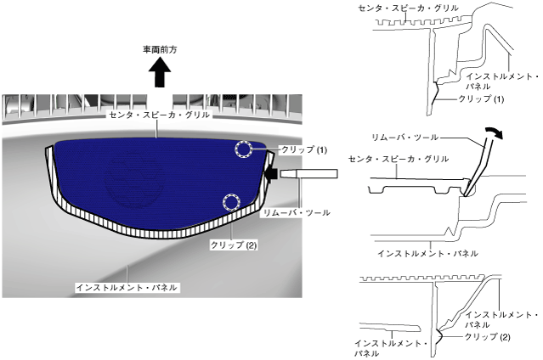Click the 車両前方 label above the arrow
coord(160,50)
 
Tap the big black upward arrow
coord(160,74)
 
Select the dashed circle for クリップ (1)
coord(244,150)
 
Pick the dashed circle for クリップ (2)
coord(229,202)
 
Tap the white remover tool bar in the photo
coord(310,175)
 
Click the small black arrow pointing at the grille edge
coord(273,175)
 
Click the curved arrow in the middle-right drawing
coord(491,132)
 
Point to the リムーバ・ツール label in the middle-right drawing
coord(405,136)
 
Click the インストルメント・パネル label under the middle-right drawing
coord(427,253)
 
